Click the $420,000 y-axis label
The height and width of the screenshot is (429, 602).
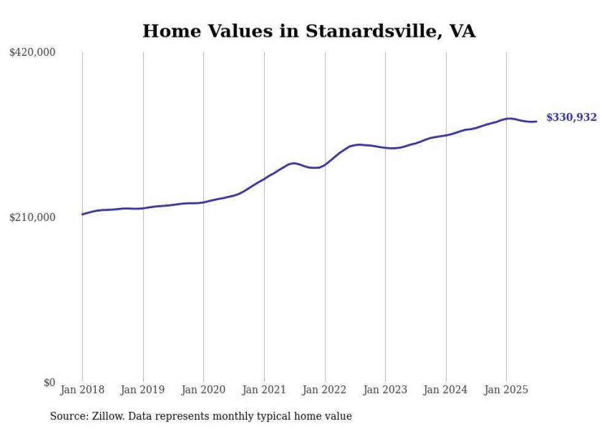point(33,53)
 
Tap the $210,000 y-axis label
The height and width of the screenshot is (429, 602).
point(33,217)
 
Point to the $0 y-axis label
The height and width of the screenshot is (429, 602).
point(49,382)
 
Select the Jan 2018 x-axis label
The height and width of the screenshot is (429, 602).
point(82,390)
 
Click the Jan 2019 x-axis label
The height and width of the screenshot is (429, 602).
point(143,390)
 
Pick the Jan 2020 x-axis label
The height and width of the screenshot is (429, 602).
point(203,390)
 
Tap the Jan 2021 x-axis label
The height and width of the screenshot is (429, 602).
point(264,390)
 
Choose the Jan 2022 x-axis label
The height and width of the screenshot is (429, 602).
point(324,390)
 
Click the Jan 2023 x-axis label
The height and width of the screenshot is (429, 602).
point(385,390)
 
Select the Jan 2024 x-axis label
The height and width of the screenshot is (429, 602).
point(445,390)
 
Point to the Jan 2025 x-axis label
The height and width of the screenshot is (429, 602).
point(506,390)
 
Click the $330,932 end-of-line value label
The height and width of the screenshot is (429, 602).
point(571,117)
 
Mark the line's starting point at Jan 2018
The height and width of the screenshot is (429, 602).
point(82,214)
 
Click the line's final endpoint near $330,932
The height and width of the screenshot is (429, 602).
point(536,121)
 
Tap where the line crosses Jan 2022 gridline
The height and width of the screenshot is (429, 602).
point(324,164)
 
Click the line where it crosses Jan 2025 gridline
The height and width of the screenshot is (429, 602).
point(506,118)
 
